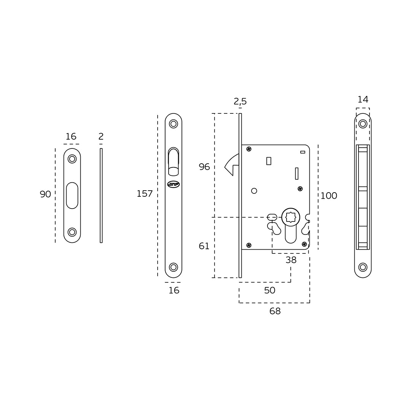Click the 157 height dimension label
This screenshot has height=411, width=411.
pyautogui.click(x=145, y=194)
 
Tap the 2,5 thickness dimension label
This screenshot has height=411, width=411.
pyautogui.click(x=240, y=101)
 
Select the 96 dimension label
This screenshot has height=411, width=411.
pyautogui.click(x=204, y=167)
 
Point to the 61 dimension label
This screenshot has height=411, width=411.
pyautogui.click(x=204, y=246)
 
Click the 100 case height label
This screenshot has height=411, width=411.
pyautogui.click(x=329, y=196)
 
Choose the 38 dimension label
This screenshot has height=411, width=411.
pyautogui.click(x=291, y=260)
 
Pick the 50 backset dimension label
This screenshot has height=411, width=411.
pyautogui.click(x=269, y=290)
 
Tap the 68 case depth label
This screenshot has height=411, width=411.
pyautogui.click(x=275, y=311)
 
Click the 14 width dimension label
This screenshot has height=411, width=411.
pyautogui.click(x=363, y=99)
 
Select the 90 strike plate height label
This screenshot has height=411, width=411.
pyautogui.click(x=45, y=194)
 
